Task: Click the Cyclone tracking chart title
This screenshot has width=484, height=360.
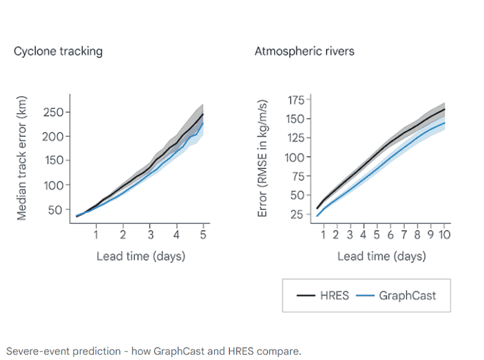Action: pyautogui.click(x=58, y=51)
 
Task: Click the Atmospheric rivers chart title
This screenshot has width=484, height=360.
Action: pyautogui.click(x=304, y=51)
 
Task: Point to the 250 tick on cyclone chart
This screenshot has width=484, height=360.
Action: pyautogui.click(x=53, y=113)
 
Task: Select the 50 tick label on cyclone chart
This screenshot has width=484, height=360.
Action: pyautogui.click(x=55, y=210)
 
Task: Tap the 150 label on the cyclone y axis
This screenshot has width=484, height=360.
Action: pyautogui.click(x=53, y=160)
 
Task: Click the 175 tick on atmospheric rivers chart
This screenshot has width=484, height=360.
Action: pyautogui.click(x=296, y=100)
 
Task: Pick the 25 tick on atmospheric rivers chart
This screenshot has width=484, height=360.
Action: pyautogui.click(x=297, y=214)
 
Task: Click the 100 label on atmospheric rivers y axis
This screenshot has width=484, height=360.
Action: pyautogui.click(x=295, y=157)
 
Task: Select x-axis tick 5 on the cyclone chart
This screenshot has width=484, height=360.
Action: pyautogui.click(x=203, y=235)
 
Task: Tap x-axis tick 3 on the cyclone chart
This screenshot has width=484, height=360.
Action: pyautogui.click(x=150, y=235)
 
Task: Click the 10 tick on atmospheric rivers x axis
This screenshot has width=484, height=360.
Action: pyautogui.click(x=445, y=235)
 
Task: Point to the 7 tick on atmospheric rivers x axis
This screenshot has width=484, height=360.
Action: pyautogui.click(x=404, y=235)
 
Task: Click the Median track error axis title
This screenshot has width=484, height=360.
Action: pyautogui.click(x=22, y=158)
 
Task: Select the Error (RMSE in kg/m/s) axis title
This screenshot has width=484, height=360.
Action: pyautogui.click(x=262, y=159)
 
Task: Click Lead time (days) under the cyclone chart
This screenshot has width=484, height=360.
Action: pyautogui.click(x=141, y=257)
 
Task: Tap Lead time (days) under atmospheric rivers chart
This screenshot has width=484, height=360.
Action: pyautogui.click(x=382, y=257)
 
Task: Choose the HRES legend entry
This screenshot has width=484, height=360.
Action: pyautogui.click(x=322, y=296)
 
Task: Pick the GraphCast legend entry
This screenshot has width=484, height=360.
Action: pyautogui.click(x=396, y=296)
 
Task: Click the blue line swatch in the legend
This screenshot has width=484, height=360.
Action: pyautogui.click(x=365, y=296)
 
